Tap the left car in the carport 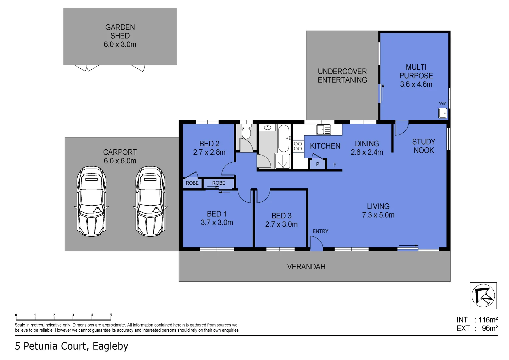point(91,201)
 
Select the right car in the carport point(150,201)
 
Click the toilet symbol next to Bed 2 point(246,131)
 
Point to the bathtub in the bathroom point(284,138)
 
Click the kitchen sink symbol point(323,130)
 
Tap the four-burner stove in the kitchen point(298,146)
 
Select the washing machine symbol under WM point(442,113)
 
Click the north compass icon point(483,296)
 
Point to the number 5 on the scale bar point(111,315)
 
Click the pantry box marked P point(317,164)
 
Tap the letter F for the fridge point(335,165)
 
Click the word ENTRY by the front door point(320,231)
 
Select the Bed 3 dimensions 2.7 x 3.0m point(281,224)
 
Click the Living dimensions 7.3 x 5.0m point(378,215)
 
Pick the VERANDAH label point(306,267)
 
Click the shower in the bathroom point(282,161)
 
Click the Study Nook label point(424,146)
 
